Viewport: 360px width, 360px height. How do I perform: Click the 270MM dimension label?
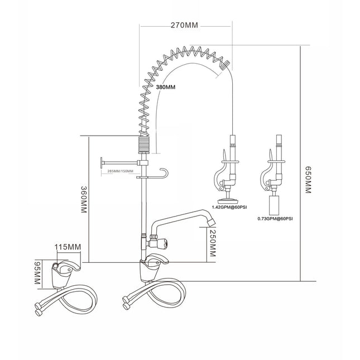[x=185, y=25]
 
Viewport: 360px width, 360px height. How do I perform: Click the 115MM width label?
[x=68, y=246]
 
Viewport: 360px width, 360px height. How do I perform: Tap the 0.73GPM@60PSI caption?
[x=275, y=219]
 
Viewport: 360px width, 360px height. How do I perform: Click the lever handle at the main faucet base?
[x=160, y=259]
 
